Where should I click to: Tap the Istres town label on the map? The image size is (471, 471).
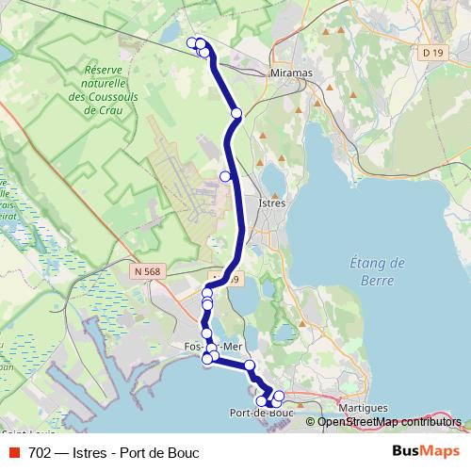(271, 202)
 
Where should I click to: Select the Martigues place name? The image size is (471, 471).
(363, 407)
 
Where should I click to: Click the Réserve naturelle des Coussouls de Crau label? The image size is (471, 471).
(111, 89)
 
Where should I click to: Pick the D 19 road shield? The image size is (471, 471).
(432, 53)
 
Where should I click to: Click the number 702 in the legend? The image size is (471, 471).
(39, 452)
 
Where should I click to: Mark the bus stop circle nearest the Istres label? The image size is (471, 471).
(225, 176)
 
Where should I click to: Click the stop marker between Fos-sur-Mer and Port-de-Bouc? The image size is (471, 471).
(250, 365)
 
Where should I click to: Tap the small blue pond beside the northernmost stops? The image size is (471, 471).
(172, 34)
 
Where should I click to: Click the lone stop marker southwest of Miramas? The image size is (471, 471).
(236, 113)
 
